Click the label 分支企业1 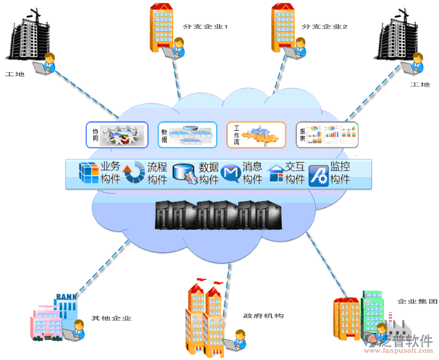click(x=205, y=26)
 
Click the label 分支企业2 click(x=325, y=26)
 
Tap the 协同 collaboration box click(x=117, y=134)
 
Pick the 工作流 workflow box click(x=256, y=134)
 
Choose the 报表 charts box click(x=327, y=134)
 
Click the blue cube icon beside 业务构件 click(x=89, y=172)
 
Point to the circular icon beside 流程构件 click(x=134, y=172)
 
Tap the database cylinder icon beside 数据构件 click(x=184, y=173)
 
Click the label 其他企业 click(x=111, y=319)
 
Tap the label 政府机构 click(x=264, y=316)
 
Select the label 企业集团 click(x=417, y=301)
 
